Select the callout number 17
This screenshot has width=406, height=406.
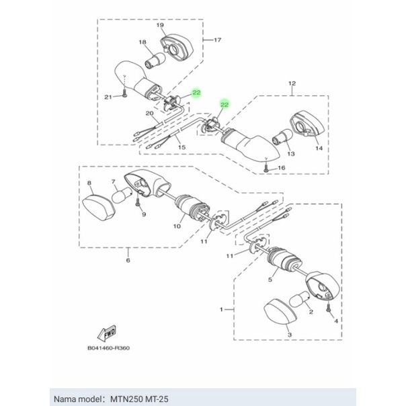click(216, 40)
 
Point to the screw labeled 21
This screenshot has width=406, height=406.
click(126, 96)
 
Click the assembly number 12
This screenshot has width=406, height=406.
click(292, 84)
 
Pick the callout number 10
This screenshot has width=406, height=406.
click(177, 227)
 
